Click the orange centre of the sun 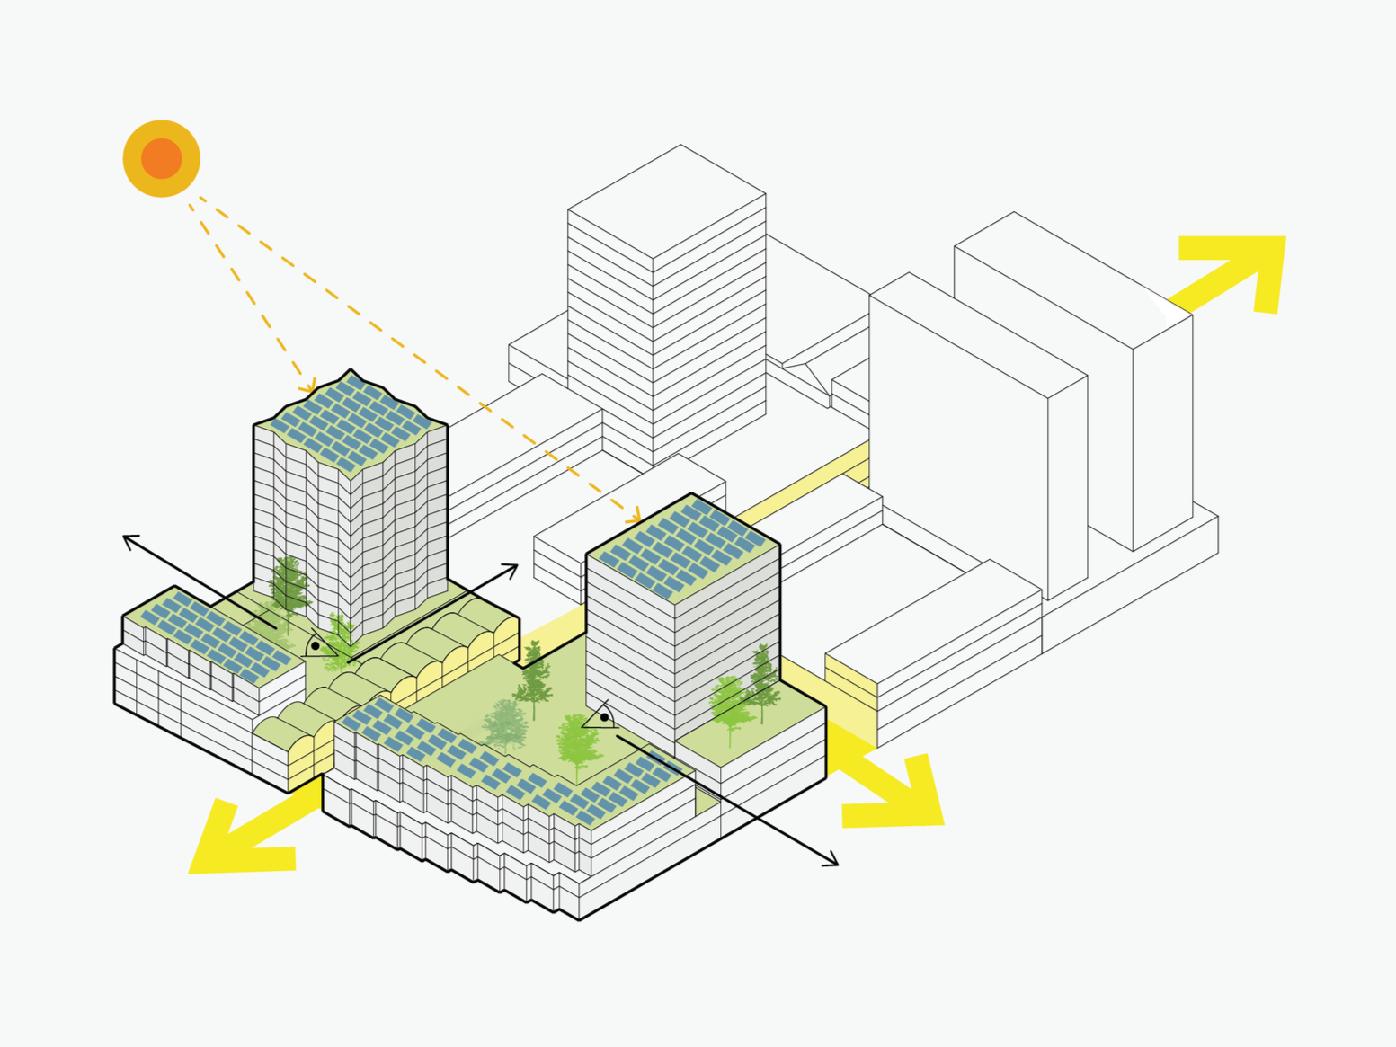161,158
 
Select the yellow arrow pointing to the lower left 238,840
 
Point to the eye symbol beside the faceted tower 317,646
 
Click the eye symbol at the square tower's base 601,717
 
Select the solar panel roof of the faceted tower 351,422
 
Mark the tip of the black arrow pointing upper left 125,537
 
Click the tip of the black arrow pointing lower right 836,865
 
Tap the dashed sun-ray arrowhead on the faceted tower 310,388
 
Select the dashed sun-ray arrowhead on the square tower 636,519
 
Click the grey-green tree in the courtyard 505,723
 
